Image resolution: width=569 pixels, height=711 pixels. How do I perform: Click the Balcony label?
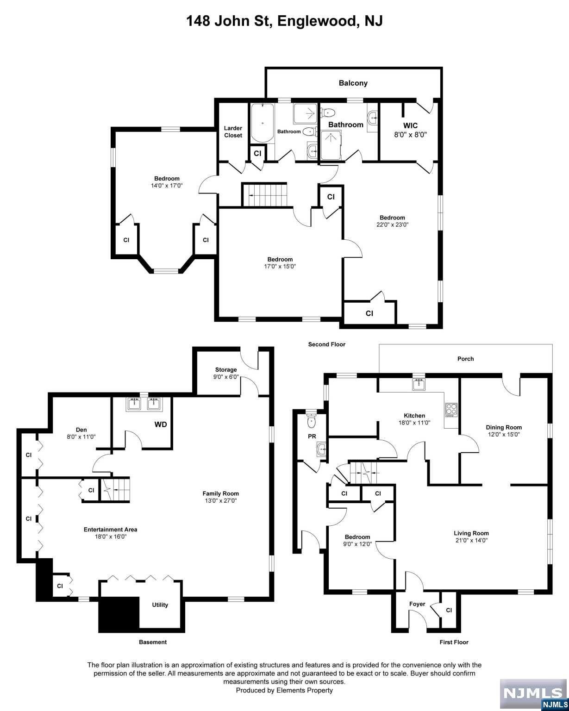pos(353,83)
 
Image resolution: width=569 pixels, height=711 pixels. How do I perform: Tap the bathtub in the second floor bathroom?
pos(262,124)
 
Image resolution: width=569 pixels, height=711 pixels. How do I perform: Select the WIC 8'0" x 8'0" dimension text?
pos(410,135)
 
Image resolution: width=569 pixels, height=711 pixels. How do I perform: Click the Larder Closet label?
pos(233,132)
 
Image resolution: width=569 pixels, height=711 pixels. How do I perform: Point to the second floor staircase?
pos(265,195)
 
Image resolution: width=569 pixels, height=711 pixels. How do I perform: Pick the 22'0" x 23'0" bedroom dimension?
pos(392,225)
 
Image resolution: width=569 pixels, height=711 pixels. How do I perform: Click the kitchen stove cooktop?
pos(451,409)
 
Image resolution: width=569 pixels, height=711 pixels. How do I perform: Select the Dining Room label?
pos(504,427)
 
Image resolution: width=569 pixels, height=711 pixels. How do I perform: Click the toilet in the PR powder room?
pos(311,419)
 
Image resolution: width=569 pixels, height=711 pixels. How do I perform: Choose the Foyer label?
pos(417,604)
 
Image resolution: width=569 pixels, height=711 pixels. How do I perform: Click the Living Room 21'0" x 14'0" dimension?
pos(471,540)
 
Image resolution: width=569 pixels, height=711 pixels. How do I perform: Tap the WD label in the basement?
pos(160,424)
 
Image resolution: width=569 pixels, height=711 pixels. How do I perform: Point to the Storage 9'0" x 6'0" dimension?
pos(226,377)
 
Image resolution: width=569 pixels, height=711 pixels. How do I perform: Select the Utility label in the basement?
pos(160,605)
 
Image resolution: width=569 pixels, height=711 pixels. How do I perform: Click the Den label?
pos(81,430)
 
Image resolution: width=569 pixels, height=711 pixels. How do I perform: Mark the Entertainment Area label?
pos(110,530)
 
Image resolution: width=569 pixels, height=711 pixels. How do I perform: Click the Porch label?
pos(465,359)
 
